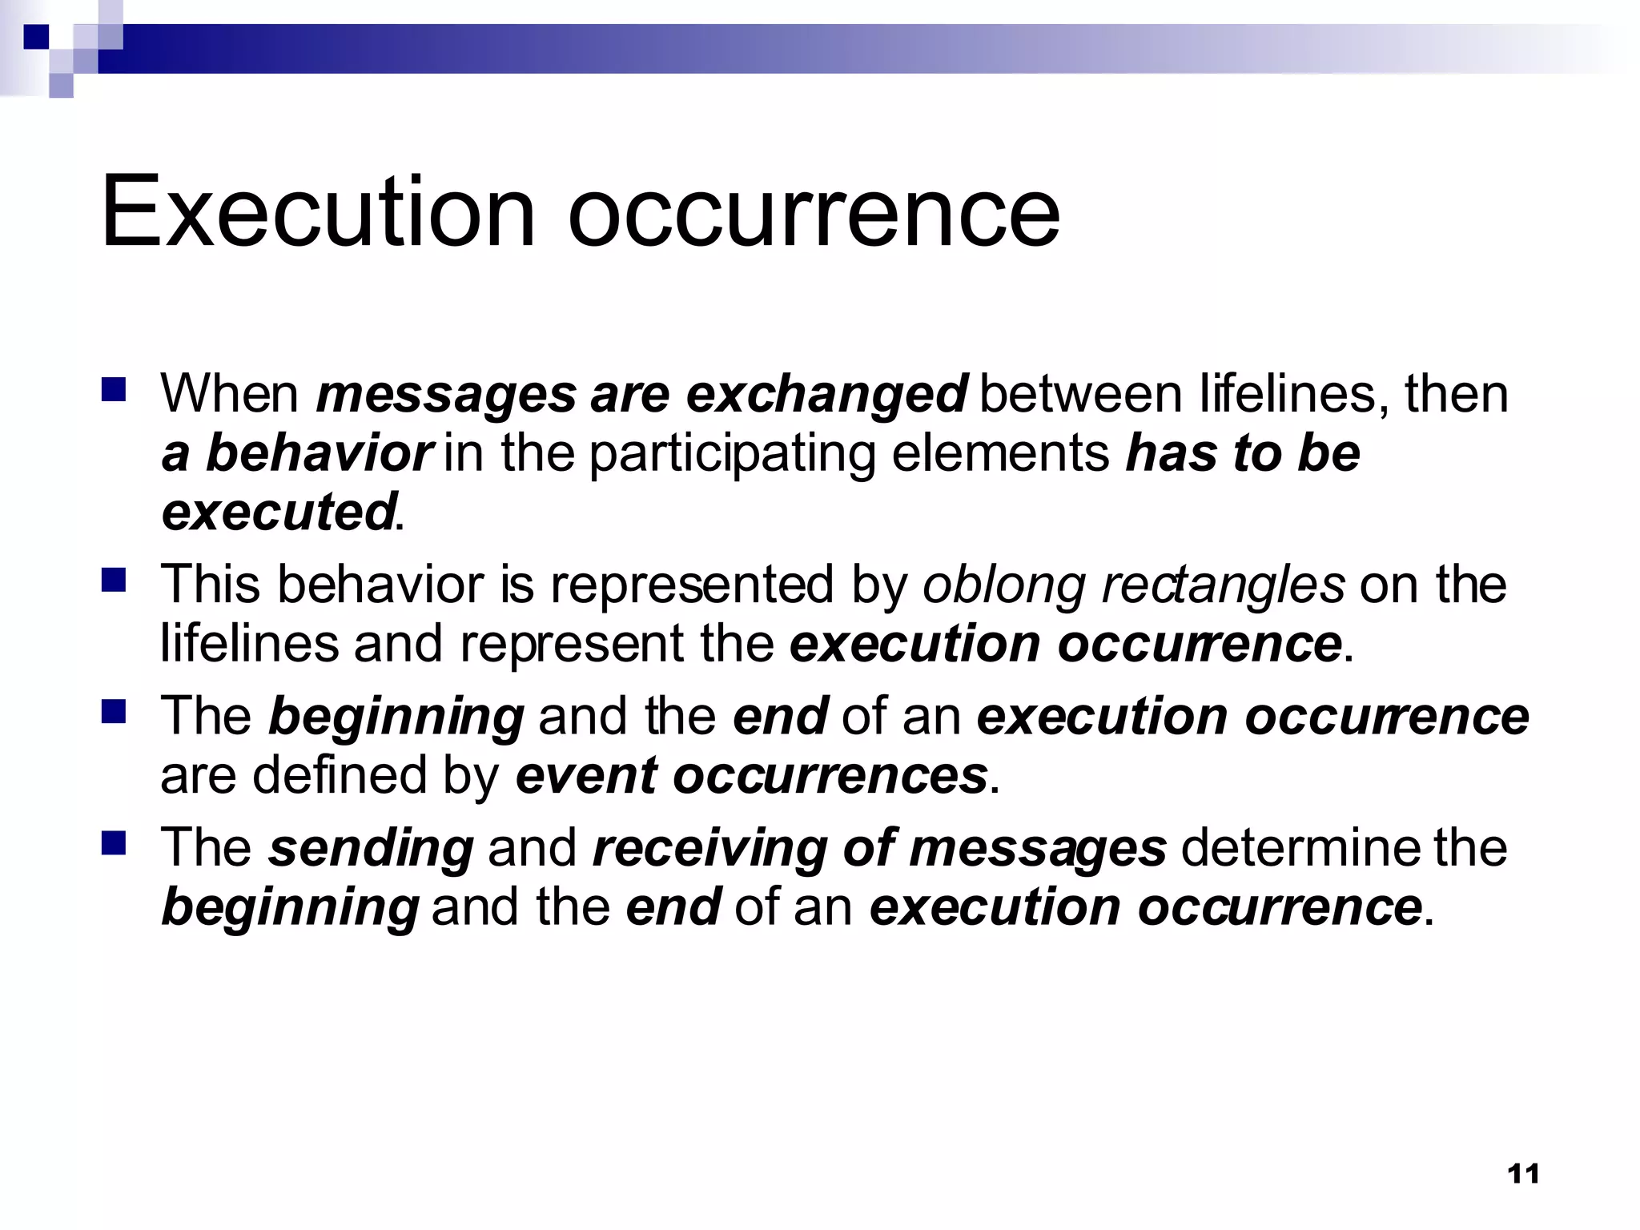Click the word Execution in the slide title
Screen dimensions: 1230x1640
[317, 211]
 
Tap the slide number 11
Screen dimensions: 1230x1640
[1522, 1174]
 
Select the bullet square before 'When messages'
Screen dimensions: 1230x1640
[114, 390]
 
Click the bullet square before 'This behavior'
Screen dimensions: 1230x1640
[114, 579]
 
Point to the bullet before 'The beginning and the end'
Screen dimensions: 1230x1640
[114, 711]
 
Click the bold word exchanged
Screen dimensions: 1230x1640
[827, 395]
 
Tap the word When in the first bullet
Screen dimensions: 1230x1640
[230, 394]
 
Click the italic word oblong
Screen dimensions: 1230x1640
[1005, 585]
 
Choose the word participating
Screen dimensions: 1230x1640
[733, 455]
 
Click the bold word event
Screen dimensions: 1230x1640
[586, 775]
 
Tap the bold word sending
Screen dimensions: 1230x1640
[371, 849]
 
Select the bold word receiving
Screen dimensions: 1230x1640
[709, 849]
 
